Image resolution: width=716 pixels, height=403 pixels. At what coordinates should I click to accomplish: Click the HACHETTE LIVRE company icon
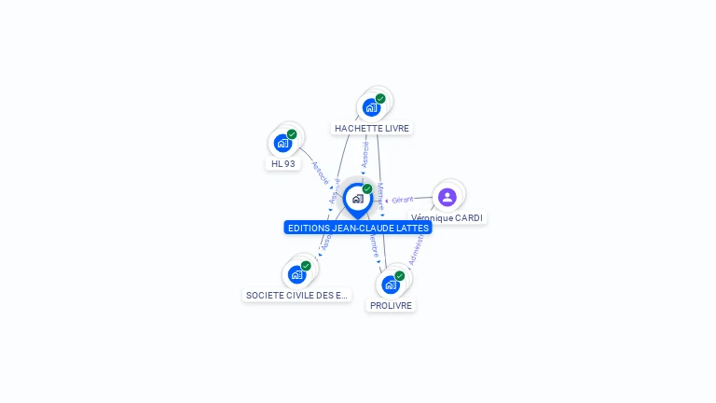371,107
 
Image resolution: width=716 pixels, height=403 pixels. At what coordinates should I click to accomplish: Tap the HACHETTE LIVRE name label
372,129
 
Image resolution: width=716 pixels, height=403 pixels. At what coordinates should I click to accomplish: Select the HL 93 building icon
282,143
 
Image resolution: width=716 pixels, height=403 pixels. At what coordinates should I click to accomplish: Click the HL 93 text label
282,164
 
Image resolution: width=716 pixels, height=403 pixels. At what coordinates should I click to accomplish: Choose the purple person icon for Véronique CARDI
447,197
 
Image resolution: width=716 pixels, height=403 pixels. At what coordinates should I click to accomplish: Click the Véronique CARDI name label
447,218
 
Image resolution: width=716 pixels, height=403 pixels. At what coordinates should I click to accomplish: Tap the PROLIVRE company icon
391,285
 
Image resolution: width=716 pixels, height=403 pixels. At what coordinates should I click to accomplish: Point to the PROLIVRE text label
391,306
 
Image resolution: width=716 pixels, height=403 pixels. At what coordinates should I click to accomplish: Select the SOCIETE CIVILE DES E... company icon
296,274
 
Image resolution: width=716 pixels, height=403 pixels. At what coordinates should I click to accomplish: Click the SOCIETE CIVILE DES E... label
296,296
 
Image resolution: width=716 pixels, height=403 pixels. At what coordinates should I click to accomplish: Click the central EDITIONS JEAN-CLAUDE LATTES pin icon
357,199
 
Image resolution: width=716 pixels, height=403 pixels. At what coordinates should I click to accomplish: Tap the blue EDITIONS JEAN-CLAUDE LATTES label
358,228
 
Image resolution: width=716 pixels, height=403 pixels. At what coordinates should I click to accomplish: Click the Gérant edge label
403,200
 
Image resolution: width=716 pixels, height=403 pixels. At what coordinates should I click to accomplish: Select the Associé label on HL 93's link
320,172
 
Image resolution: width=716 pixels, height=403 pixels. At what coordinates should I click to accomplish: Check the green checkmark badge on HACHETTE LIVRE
380,99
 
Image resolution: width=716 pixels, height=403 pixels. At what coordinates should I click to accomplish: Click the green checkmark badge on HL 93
292,134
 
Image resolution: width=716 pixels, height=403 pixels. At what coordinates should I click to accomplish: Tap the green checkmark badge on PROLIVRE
400,276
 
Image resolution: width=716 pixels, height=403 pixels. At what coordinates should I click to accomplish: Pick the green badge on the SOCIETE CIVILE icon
306,266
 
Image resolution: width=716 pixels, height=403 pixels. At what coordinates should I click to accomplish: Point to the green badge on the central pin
367,189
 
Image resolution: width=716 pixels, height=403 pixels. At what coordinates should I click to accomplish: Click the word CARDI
468,218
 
